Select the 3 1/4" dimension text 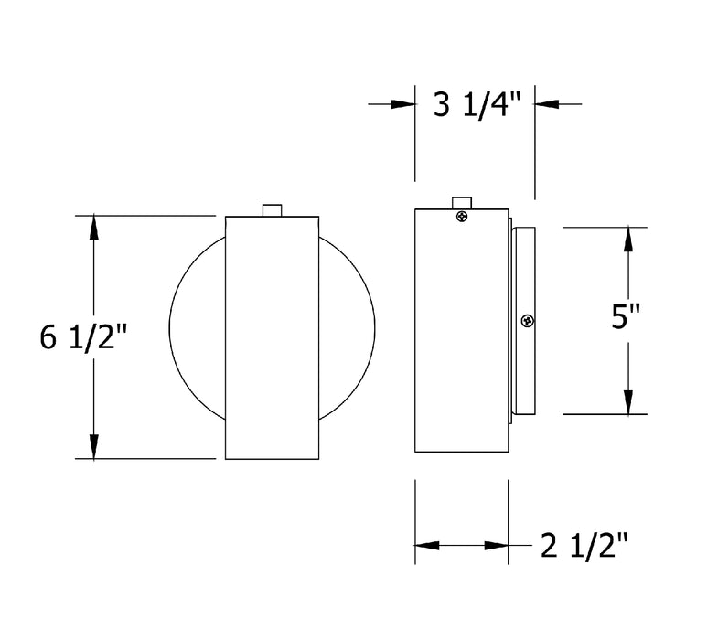coord(476,105)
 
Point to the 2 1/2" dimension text coord(584,546)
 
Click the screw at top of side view coord(463,217)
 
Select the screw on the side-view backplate coord(528,320)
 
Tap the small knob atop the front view coord(272,210)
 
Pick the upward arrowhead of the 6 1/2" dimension coord(93,228)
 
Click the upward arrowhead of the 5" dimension coord(629,239)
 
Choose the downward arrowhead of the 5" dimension coord(629,402)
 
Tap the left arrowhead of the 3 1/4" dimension coord(403,105)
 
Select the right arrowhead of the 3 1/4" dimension coord(547,105)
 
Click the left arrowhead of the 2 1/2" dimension coord(428,546)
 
